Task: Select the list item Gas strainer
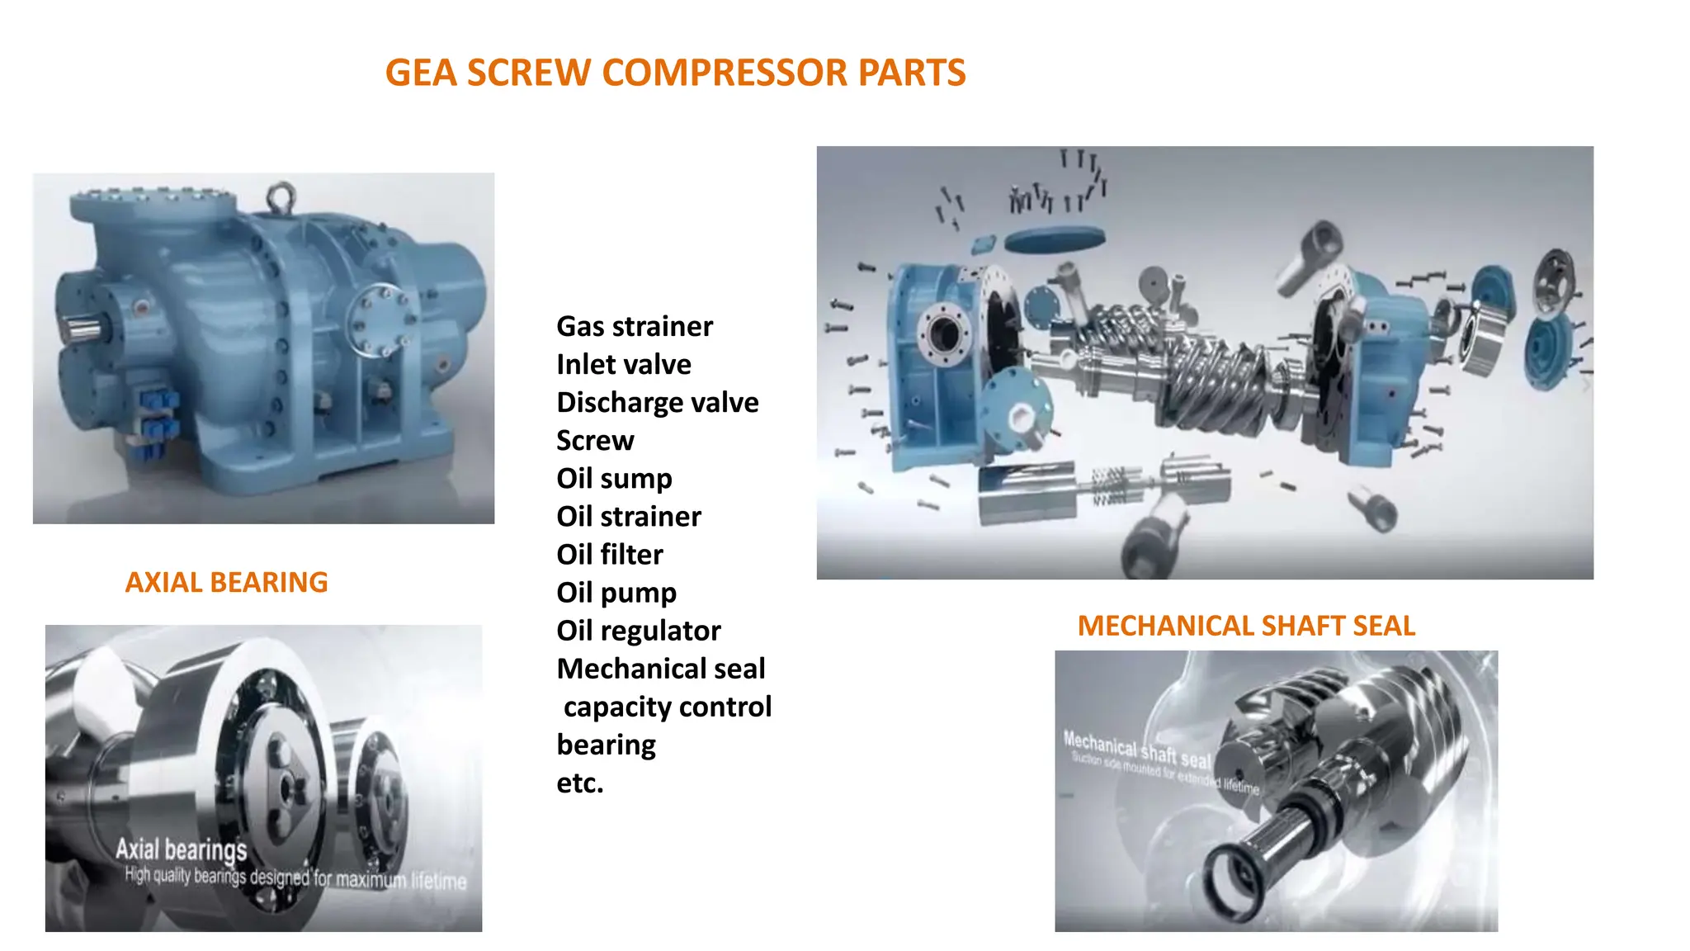point(634,327)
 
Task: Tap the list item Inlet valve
point(623,365)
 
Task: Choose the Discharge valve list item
point(657,403)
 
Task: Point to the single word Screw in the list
point(594,441)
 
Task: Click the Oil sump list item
point(614,479)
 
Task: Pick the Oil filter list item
point(609,555)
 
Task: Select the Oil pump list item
point(616,593)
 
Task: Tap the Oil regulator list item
point(638,631)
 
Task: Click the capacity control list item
point(667,707)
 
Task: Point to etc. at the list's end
point(579,783)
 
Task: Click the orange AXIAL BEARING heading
point(226,583)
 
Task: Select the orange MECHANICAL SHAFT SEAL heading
point(1246,627)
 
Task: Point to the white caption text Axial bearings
point(181,849)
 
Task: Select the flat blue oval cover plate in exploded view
point(1054,239)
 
